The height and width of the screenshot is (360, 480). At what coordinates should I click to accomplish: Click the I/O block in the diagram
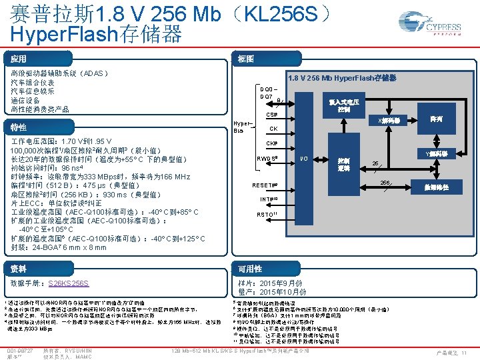coord(303,159)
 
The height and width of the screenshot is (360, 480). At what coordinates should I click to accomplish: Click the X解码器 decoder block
coord(389,121)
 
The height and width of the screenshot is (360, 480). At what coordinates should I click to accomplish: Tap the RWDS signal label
coord(268,159)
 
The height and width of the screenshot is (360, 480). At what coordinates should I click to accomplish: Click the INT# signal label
coord(269,199)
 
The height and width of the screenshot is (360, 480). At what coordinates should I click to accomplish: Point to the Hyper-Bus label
coord(243,127)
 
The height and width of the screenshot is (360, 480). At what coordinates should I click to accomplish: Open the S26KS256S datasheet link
coord(69,283)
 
